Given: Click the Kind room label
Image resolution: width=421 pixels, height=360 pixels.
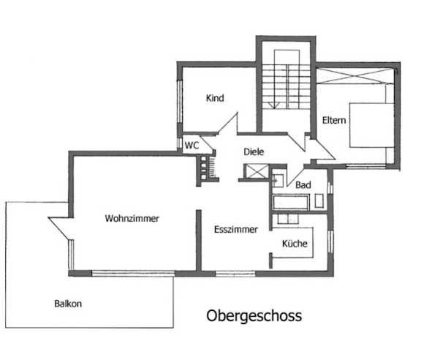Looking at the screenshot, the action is (x=215, y=98).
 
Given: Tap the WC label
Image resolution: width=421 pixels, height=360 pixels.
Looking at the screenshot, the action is (x=191, y=146).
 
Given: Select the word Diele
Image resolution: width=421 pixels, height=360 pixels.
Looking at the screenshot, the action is (x=254, y=152).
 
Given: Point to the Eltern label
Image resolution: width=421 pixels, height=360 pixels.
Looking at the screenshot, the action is (x=334, y=120).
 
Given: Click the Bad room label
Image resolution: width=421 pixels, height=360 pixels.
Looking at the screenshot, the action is (x=303, y=185).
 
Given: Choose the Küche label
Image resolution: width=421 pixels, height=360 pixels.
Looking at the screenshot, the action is (x=295, y=244).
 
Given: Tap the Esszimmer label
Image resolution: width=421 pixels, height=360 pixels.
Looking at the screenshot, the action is (x=236, y=229).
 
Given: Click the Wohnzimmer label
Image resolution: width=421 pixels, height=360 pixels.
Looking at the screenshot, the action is (x=132, y=218).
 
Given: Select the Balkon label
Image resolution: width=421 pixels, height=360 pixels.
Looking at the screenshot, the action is (x=68, y=304).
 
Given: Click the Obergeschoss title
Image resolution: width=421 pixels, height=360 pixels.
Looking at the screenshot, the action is (x=254, y=315).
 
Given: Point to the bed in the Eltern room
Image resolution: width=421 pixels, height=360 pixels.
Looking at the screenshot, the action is (x=371, y=125).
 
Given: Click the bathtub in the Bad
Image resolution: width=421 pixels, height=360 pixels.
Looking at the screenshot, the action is (x=291, y=202).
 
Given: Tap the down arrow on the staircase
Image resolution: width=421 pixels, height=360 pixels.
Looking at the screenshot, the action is (x=274, y=105).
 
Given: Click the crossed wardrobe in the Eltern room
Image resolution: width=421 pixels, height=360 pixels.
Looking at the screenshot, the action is (x=355, y=76).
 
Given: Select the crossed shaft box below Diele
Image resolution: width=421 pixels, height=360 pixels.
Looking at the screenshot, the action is (x=257, y=171).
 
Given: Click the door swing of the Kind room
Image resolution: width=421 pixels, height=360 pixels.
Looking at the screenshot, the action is (x=228, y=123).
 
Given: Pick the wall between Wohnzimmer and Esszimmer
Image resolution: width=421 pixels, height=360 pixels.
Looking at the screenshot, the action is (x=199, y=240).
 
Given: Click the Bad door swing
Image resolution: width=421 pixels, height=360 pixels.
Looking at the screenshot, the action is (x=296, y=176).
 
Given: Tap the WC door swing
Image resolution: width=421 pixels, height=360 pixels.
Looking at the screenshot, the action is (x=207, y=144).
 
